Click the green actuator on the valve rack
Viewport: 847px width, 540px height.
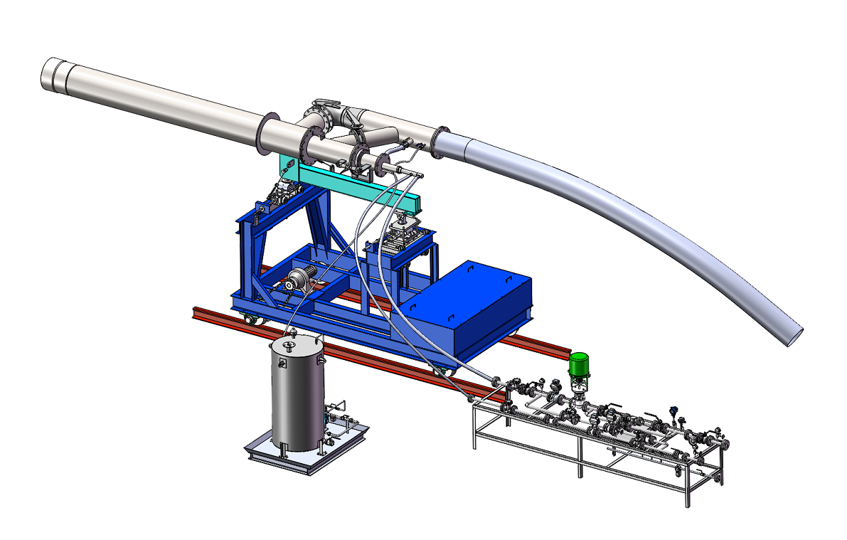(x=581, y=366)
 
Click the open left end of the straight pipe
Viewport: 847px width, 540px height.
(x=50, y=73)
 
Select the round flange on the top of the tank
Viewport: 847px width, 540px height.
(x=288, y=346)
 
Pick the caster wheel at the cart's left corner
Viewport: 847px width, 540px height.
(x=251, y=319)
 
